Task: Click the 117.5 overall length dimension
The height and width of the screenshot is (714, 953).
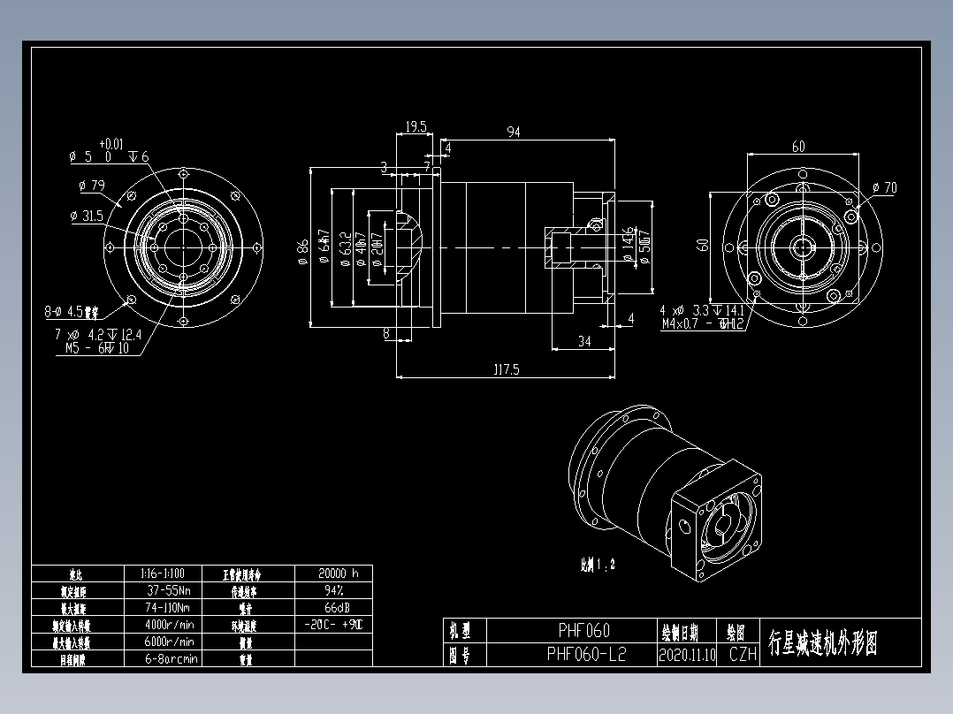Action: pyautogui.click(x=506, y=370)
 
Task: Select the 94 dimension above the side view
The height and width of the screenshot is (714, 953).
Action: pyautogui.click(x=513, y=133)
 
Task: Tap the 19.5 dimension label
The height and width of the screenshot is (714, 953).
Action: pyautogui.click(x=416, y=127)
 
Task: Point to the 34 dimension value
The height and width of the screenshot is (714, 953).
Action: pyautogui.click(x=584, y=342)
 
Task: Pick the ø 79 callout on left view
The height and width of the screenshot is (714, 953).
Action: pyautogui.click(x=91, y=186)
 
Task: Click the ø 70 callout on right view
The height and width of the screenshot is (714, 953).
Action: pyautogui.click(x=883, y=187)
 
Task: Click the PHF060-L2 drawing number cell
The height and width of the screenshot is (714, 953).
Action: pyautogui.click(x=585, y=654)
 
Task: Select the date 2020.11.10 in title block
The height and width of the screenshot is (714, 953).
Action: pyautogui.click(x=687, y=655)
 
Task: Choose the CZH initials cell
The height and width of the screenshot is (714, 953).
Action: pyautogui.click(x=743, y=655)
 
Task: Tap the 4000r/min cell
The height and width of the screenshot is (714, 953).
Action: pyautogui.click(x=168, y=625)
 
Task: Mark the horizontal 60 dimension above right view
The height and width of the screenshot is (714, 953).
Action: pyautogui.click(x=798, y=147)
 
